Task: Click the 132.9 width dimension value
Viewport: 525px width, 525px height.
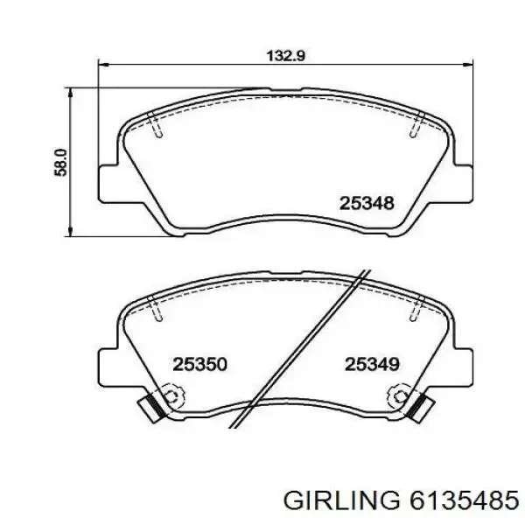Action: pos(285,56)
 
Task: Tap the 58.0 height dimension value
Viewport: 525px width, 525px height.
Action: pos(60,162)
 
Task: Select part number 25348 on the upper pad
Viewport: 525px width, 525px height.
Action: pos(367,203)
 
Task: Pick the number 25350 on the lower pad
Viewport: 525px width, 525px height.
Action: pos(199,364)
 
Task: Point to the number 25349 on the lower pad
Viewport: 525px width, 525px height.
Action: pos(372,364)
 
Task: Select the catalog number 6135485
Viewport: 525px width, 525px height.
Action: pos(465,501)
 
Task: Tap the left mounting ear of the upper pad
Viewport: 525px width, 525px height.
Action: pos(108,184)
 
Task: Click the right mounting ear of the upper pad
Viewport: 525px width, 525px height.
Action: pos(464,184)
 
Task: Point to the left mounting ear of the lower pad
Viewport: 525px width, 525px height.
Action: pos(108,367)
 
